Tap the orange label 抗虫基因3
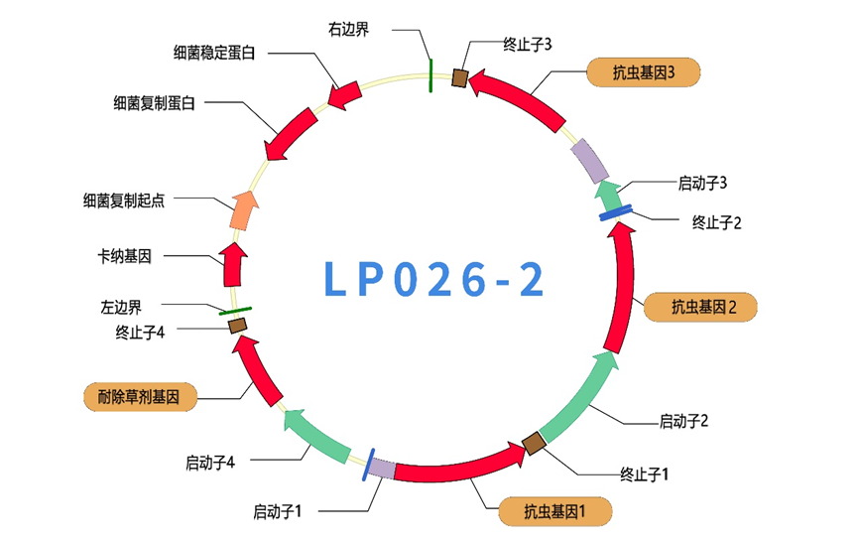tap(644, 72)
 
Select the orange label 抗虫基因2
tap(702, 307)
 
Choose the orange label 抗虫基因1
tap(554, 512)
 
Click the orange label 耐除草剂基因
tap(139, 398)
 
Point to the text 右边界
tap(349, 29)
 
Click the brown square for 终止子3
tap(460, 77)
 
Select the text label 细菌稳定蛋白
tap(214, 53)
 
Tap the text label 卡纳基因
tap(125, 256)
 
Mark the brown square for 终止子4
tap(238, 325)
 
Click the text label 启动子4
tap(209, 462)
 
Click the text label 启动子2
tap(683, 421)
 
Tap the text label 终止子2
tap(716, 222)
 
